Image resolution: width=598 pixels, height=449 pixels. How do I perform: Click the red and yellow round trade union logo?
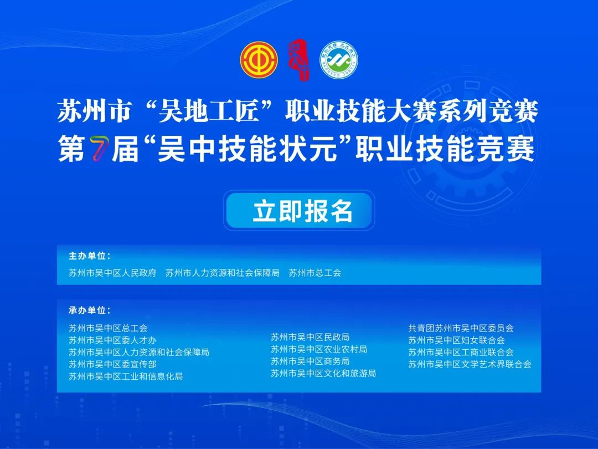[x=259, y=60]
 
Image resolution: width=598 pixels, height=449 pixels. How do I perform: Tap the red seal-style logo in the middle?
[x=298, y=59]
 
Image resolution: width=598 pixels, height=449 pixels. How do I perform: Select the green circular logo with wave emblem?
[x=339, y=60]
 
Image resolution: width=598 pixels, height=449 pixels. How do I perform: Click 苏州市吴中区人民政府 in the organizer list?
[x=112, y=273]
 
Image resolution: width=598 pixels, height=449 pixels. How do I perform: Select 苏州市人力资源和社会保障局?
[x=223, y=273]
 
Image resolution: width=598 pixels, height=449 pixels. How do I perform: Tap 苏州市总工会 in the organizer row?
[x=315, y=273]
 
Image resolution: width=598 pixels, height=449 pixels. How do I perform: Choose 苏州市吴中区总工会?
[x=108, y=328]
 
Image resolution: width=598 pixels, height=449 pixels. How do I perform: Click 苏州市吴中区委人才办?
[x=112, y=340]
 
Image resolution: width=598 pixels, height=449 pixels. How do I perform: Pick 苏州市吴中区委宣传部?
[x=112, y=364]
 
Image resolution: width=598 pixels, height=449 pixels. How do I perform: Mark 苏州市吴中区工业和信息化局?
[x=126, y=376]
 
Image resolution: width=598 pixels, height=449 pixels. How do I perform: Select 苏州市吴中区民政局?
[x=310, y=337]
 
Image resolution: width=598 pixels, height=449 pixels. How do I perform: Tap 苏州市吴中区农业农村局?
[x=319, y=349]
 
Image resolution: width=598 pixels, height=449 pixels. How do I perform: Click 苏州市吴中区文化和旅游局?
[x=323, y=374]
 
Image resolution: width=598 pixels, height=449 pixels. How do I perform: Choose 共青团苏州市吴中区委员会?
[x=461, y=328]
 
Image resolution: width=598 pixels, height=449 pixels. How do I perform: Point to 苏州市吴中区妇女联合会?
[x=456, y=340]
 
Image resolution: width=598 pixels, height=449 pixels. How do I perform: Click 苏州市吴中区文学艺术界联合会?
[x=470, y=364]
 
